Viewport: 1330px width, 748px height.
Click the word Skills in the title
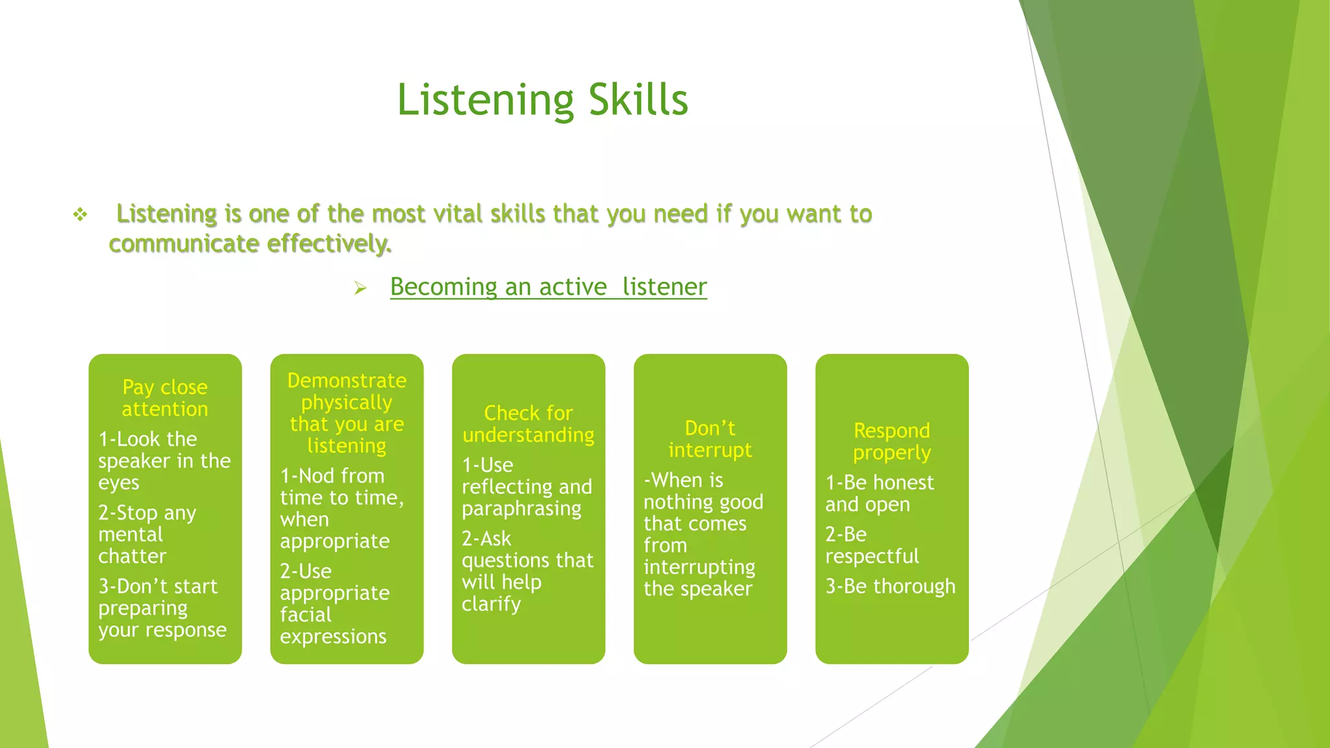point(638,100)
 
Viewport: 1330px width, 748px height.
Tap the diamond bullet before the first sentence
point(80,214)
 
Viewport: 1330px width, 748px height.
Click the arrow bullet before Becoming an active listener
point(360,288)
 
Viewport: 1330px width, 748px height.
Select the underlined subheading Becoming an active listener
point(548,287)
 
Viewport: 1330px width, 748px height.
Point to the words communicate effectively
point(250,243)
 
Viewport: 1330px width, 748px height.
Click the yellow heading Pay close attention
point(165,397)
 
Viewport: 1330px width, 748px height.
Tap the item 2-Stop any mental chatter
point(147,534)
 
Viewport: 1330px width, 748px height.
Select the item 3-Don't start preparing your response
point(162,608)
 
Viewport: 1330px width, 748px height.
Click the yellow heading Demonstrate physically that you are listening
point(347,412)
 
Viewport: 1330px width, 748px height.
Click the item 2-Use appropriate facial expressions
point(334,603)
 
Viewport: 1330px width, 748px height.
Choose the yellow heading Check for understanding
point(528,423)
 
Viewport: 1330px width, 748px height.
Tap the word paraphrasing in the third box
point(521,508)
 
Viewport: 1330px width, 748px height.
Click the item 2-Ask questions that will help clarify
point(527,571)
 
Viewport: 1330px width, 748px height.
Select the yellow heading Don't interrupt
point(710,439)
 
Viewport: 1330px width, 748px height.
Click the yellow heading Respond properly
point(892,441)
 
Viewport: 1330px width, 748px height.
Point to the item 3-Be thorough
point(890,586)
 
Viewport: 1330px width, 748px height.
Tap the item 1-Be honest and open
point(879,493)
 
